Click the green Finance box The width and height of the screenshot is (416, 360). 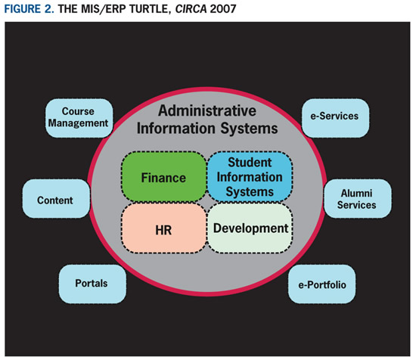[163, 177]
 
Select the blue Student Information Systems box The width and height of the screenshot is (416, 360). [250, 177]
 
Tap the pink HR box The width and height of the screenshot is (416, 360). [163, 228]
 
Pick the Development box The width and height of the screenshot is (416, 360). [250, 228]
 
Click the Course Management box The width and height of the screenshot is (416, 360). [79, 118]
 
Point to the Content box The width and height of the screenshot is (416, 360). [56, 199]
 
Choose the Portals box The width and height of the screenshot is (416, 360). [92, 284]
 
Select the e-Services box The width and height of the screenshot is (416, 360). [335, 118]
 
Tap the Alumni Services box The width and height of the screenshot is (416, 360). [357, 199]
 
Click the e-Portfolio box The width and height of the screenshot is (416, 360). [321, 284]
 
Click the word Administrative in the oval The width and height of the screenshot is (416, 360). [207, 110]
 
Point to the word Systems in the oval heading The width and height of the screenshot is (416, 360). [249, 129]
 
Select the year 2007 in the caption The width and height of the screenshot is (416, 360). [223, 9]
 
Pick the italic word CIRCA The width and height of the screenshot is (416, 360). [191, 9]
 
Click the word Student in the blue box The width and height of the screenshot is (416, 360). [250, 163]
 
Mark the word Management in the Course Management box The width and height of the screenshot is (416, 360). [78, 123]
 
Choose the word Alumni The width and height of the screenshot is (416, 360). [356, 194]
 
